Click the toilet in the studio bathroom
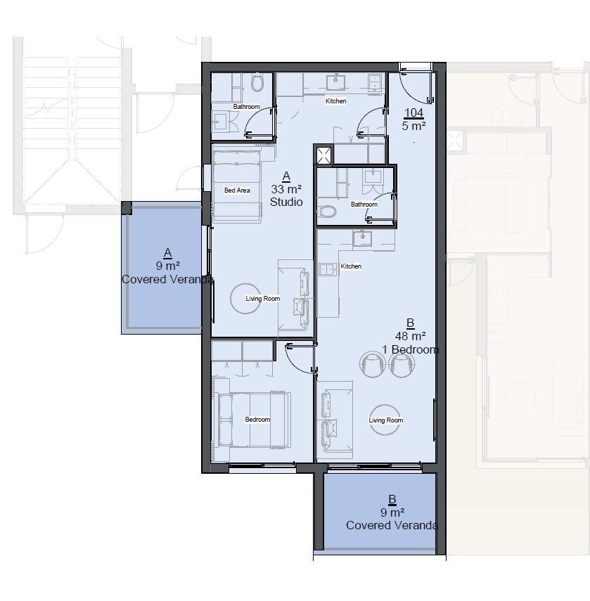[257, 82]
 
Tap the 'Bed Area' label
[237, 190]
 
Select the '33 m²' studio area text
[286, 189]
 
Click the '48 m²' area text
[410, 336]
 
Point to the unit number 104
[414, 112]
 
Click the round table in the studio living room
[245, 298]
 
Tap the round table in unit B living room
[385, 420]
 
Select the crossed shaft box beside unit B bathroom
[323, 155]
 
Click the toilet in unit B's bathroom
[327, 211]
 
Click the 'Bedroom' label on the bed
[257, 420]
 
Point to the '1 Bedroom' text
[410, 349]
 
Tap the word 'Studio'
[286, 202]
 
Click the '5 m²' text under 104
[414, 126]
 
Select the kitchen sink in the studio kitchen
[336, 82]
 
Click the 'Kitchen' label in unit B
[351, 266]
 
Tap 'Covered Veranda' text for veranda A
[167, 279]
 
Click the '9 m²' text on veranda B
[392, 512]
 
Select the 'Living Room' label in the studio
[263, 298]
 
